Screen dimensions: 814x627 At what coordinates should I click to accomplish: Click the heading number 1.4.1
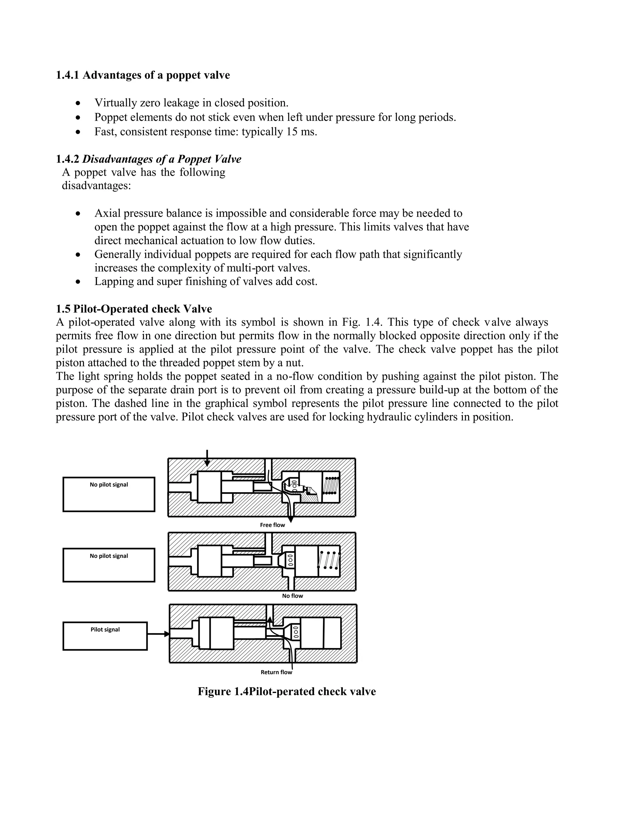point(67,75)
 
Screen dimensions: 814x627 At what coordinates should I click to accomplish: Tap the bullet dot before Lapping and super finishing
point(77,282)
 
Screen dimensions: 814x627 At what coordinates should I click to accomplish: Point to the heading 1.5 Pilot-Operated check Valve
point(134,309)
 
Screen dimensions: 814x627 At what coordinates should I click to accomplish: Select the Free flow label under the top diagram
point(272,525)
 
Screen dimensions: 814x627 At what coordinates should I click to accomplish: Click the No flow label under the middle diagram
point(292,596)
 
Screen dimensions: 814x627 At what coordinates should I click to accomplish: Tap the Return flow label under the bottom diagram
point(276,672)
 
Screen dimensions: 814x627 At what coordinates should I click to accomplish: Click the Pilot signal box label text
point(105,629)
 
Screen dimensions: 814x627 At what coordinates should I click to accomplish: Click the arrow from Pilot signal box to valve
point(158,634)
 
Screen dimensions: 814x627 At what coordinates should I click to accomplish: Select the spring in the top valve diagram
point(331,485)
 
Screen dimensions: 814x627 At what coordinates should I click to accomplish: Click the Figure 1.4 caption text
point(286,691)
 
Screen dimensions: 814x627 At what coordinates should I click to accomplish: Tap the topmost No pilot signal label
point(108,485)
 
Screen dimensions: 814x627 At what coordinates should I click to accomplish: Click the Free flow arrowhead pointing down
point(291,520)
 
